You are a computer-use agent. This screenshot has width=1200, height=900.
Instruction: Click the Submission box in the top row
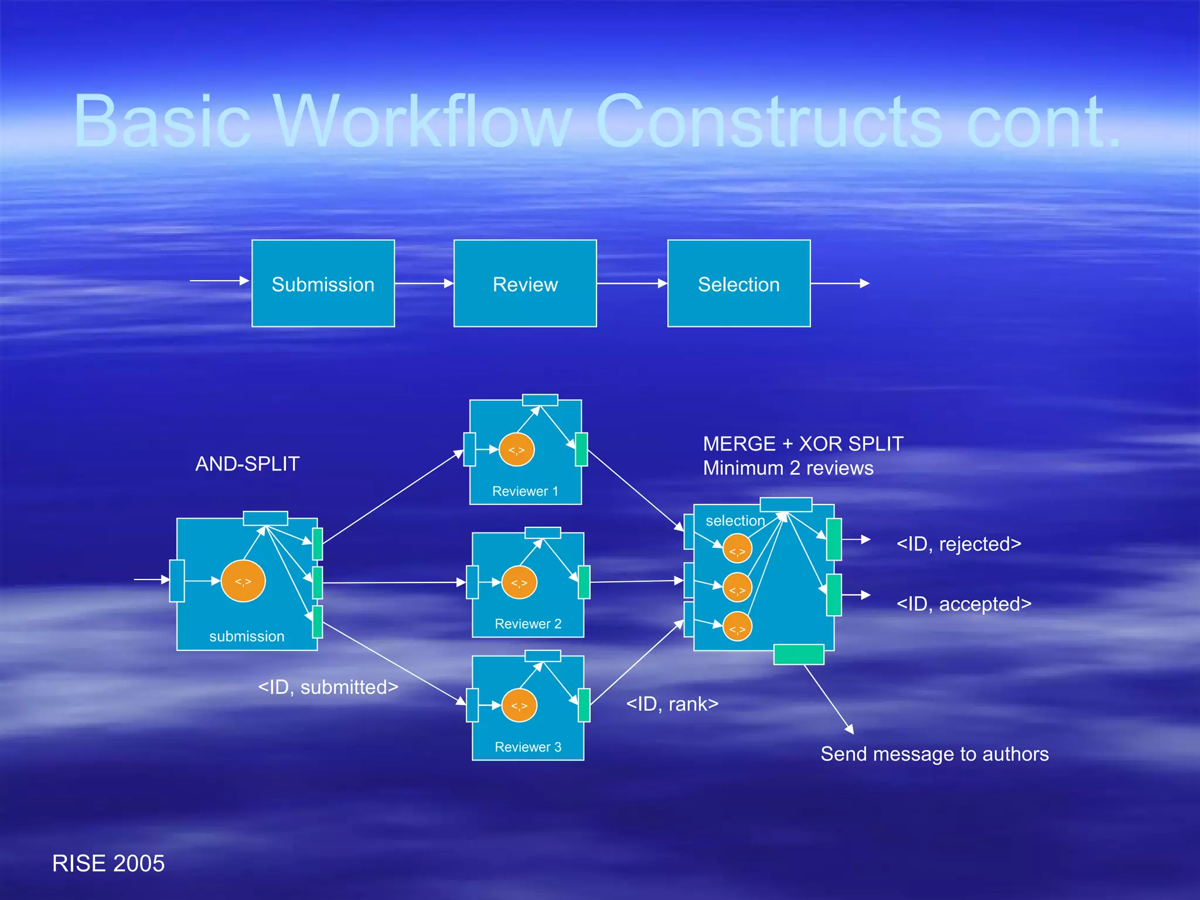coord(323,284)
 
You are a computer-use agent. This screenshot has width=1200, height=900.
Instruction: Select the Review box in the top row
coord(525,284)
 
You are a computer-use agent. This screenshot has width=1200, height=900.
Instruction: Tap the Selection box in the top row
coord(739,284)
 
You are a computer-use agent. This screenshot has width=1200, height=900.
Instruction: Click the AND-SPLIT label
coord(247,464)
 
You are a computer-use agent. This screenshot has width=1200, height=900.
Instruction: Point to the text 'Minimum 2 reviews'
coord(788,468)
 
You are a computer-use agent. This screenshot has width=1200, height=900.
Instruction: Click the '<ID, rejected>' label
coord(959,544)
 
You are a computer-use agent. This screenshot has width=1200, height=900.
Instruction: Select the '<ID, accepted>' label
coord(964,604)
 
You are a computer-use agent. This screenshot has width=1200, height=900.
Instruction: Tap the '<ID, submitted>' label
coord(328,687)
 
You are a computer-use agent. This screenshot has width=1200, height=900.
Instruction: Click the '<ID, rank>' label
coord(672,704)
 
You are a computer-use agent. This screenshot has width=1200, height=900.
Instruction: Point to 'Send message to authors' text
coord(935,754)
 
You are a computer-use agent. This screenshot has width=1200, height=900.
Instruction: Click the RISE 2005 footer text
coord(108,864)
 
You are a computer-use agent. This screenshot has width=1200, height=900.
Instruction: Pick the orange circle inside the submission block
coord(243,581)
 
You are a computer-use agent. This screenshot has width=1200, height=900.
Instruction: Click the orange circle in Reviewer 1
coord(516,450)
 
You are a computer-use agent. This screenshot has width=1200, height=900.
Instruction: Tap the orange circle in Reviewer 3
coord(519,705)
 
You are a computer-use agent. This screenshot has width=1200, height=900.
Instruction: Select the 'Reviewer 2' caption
coord(528,624)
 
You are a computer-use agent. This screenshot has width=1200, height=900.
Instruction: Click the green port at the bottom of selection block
coord(799,654)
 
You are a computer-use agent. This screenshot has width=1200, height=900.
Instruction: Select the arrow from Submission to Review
coord(424,284)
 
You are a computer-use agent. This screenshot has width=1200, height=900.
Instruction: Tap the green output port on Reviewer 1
coord(581,449)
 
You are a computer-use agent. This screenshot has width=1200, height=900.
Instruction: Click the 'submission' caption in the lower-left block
coord(247,636)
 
